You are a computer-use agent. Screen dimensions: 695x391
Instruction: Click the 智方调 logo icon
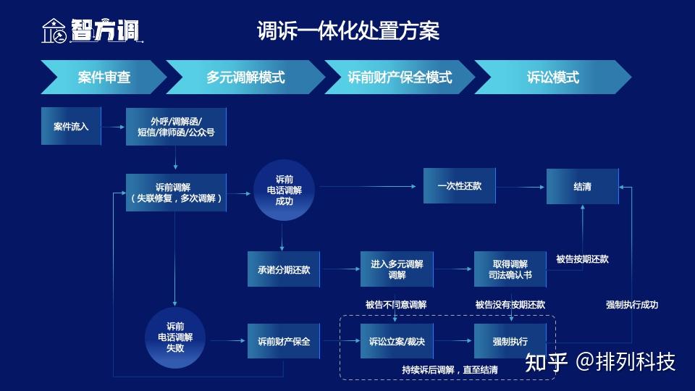pyautogui.click(x=54, y=30)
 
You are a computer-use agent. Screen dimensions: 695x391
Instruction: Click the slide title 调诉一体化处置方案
pyautogui.click(x=348, y=31)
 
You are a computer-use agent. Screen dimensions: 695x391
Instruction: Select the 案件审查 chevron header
pyautogui.click(x=104, y=77)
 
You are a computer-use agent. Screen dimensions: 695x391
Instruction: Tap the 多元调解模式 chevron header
pyautogui.click(x=245, y=77)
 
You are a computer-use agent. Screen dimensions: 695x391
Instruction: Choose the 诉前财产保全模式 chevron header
pyautogui.click(x=400, y=77)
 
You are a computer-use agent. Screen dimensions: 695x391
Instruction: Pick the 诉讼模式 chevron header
pyautogui.click(x=552, y=77)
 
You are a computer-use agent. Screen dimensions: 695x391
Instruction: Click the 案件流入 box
pyautogui.click(x=71, y=126)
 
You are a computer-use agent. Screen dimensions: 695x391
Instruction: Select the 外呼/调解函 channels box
pyautogui.click(x=176, y=127)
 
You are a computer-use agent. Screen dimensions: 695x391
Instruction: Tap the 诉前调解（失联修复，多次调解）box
pyautogui.click(x=176, y=193)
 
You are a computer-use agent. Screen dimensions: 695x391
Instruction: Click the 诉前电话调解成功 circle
pyautogui.click(x=284, y=190)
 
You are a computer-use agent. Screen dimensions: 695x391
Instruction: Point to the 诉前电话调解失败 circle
pyautogui.click(x=175, y=337)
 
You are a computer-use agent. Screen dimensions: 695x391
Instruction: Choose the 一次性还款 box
pyautogui.click(x=459, y=186)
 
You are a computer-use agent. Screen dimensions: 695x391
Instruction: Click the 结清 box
pyautogui.click(x=582, y=187)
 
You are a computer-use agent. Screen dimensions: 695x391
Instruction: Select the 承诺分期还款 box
pyautogui.click(x=284, y=269)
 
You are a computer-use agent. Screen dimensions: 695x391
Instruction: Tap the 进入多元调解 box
pyautogui.click(x=397, y=269)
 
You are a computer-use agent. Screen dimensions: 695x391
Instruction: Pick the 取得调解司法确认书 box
pyautogui.click(x=510, y=269)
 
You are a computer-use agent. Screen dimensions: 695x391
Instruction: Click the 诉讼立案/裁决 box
pyautogui.click(x=397, y=341)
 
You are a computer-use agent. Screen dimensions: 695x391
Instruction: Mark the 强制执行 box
pyautogui.click(x=510, y=341)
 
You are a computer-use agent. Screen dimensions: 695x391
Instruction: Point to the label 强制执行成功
pyautogui.click(x=631, y=305)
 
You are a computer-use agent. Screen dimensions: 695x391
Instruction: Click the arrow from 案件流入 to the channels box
pyautogui.click(x=113, y=127)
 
